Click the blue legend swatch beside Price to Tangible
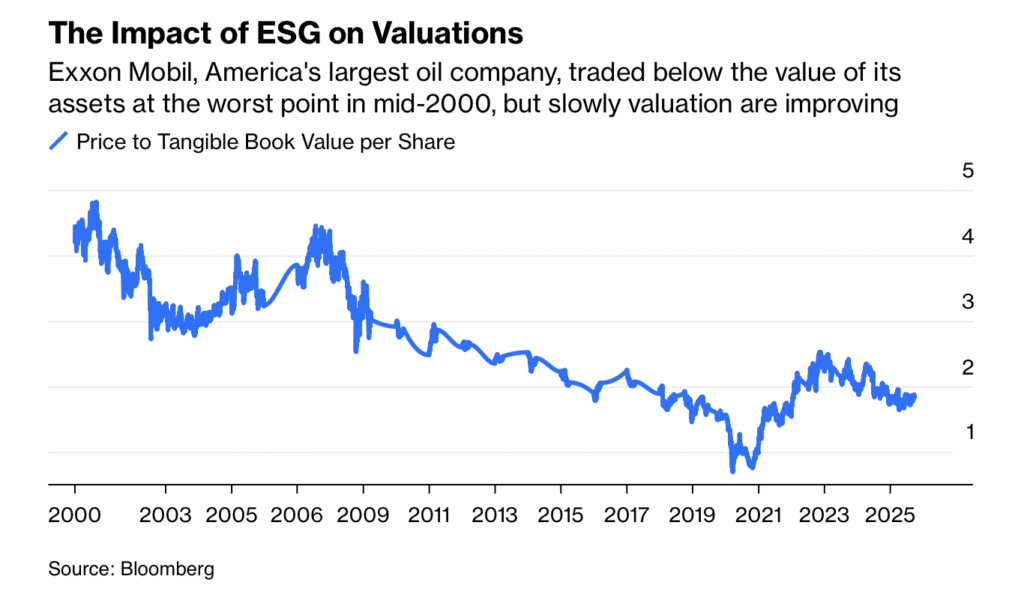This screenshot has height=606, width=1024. (x=59, y=141)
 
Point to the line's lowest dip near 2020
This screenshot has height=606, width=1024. (x=733, y=469)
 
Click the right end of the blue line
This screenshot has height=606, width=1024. (x=914, y=396)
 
